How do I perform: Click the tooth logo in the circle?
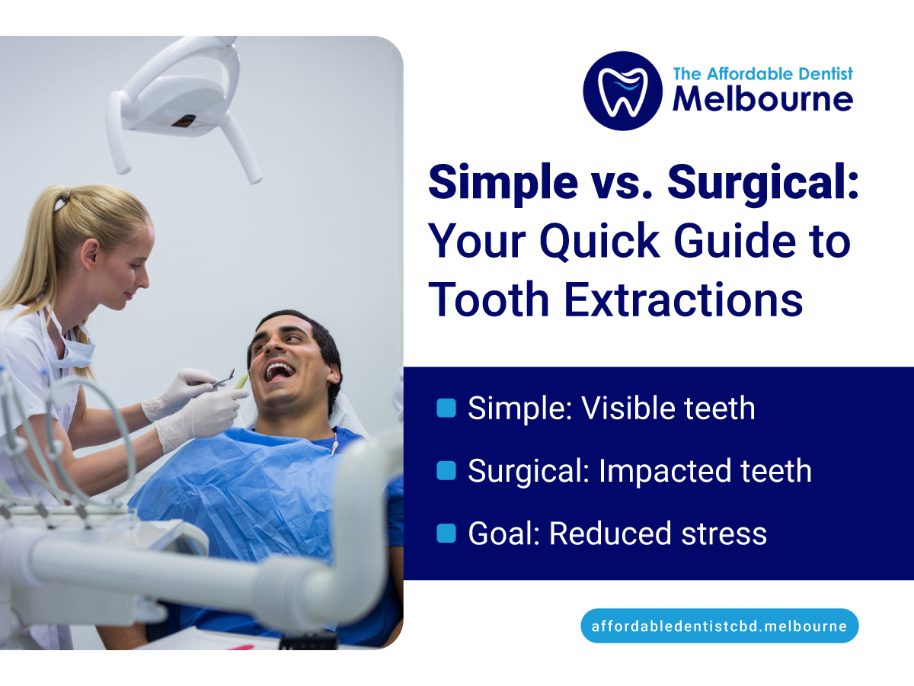click(622, 91)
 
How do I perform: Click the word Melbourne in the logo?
click(762, 100)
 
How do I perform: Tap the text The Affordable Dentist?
click(762, 74)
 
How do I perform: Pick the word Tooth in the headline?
click(491, 300)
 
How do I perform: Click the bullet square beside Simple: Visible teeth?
click(446, 409)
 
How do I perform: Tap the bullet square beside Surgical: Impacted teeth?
click(446, 471)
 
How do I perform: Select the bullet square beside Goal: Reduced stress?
click(446, 534)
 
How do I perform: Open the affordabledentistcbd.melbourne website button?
click(719, 626)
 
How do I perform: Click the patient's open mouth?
click(280, 371)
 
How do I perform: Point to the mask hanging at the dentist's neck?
click(72, 347)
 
